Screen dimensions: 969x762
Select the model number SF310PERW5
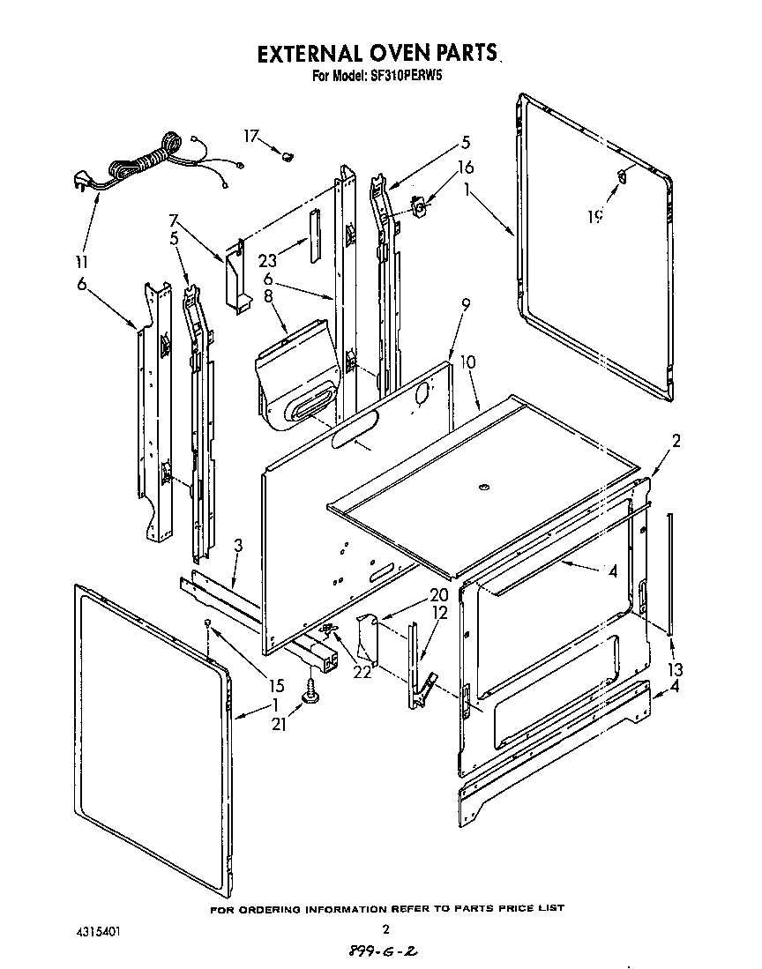click(400, 77)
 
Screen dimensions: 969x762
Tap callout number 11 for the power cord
click(81, 262)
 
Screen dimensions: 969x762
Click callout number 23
click(268, 260)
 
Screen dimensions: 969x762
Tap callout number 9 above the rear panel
click(466, 304)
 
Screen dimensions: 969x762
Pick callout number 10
click(467, 362)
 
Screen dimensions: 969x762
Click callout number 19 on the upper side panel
click(597, 214)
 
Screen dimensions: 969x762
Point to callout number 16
click(466, 166)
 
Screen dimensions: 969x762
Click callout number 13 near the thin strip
click(675, 668)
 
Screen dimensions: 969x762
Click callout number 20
click(438, 594)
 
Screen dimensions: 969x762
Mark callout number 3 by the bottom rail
click(237, 548)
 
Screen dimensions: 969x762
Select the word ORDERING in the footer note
click(299, 907)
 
